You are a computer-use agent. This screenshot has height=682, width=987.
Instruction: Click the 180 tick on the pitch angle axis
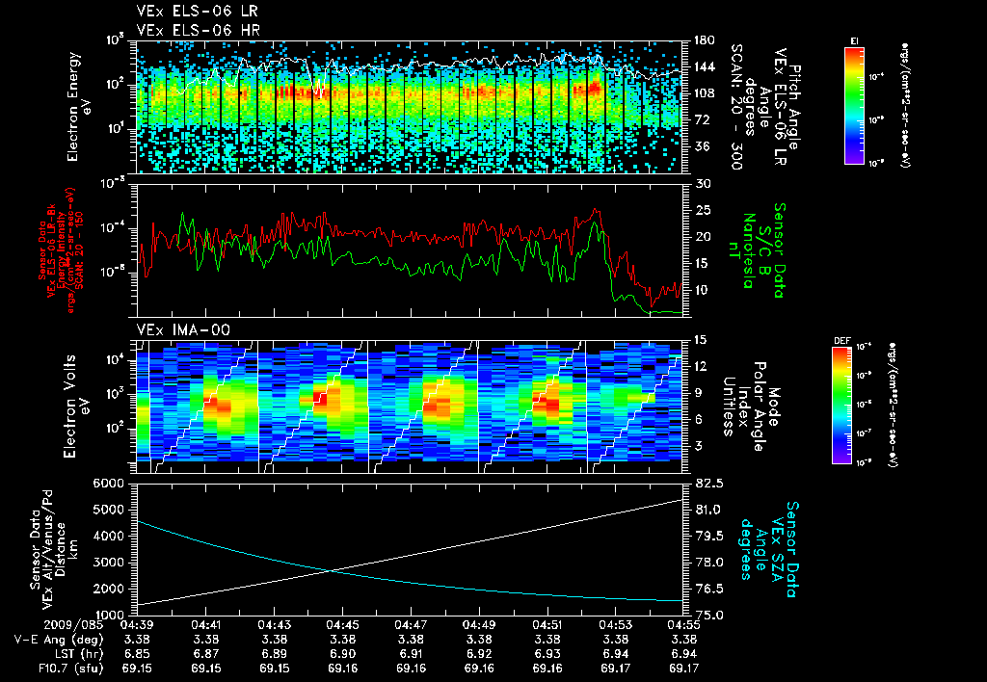pyautogui.click(x=703, y=40)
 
